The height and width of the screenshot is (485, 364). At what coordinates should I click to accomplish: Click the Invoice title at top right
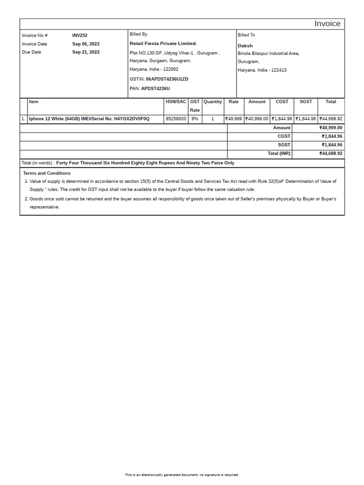(328, 24)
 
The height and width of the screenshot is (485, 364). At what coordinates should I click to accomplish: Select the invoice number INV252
(80, 36)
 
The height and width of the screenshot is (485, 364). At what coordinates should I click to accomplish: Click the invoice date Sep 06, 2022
(86, 44)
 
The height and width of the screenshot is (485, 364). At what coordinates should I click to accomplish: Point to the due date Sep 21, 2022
(86, 52)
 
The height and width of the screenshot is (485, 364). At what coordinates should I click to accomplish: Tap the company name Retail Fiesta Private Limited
(163, 44)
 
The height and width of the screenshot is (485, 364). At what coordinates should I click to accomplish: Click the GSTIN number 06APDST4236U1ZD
(167, 79)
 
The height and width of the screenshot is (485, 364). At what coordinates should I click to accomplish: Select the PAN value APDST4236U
(155, 89)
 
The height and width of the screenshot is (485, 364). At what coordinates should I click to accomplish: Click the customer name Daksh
(245, 46)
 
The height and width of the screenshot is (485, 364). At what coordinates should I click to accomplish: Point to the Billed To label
(246, 35)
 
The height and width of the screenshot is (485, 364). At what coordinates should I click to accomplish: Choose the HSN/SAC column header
(176, 102)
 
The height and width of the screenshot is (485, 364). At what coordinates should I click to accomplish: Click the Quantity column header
(212, 102)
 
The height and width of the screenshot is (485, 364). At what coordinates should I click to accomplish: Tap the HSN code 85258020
(176, 119)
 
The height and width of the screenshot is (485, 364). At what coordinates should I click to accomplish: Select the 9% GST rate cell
(195, 119)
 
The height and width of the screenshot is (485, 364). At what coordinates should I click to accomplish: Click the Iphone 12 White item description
(89, 119)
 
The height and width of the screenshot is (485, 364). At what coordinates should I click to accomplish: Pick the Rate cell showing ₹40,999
(234, 119)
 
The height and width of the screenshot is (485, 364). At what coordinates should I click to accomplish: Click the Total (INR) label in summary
(279, 153)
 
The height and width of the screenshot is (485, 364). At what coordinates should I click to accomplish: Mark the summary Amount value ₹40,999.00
(331, 128)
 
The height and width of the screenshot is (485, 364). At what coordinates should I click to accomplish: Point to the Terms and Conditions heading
(47, 173)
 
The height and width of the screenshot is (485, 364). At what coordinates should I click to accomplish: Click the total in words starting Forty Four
(145, 163)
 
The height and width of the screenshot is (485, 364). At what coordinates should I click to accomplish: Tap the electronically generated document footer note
(182, 475)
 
